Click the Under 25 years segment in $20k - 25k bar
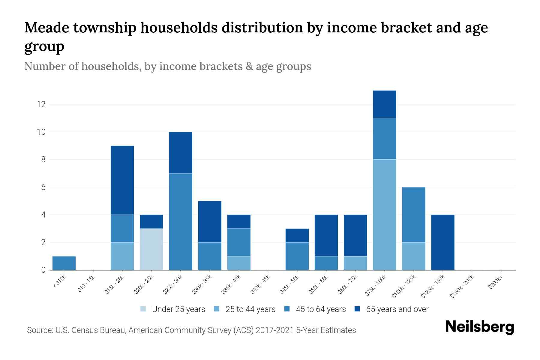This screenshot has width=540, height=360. click(x=151, y=249)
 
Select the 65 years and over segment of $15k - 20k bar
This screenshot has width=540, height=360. click(x=122, y=180)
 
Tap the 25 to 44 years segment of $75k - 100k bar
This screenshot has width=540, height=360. click(x=384, y=215)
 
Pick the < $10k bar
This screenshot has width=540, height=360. click(x=64, y=263)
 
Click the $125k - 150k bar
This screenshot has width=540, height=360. click(x=442, y=242)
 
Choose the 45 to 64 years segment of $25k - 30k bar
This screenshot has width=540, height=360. click(x=181, y=222)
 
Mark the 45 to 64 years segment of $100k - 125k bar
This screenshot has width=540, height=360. click(x=413, y=215)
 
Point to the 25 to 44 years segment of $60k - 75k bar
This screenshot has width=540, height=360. click(x=355, y=263)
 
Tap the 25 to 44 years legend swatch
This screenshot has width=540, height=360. click(x=217, y=309)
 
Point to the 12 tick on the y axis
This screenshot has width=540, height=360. click(x=41, y=104)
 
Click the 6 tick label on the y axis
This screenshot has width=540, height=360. click(x=43, y=187)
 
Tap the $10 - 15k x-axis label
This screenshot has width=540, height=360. click(x=86, y=283)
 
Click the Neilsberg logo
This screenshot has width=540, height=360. click(x=479, y=327)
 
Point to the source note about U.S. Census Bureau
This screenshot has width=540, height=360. click(x=191, y=330)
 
